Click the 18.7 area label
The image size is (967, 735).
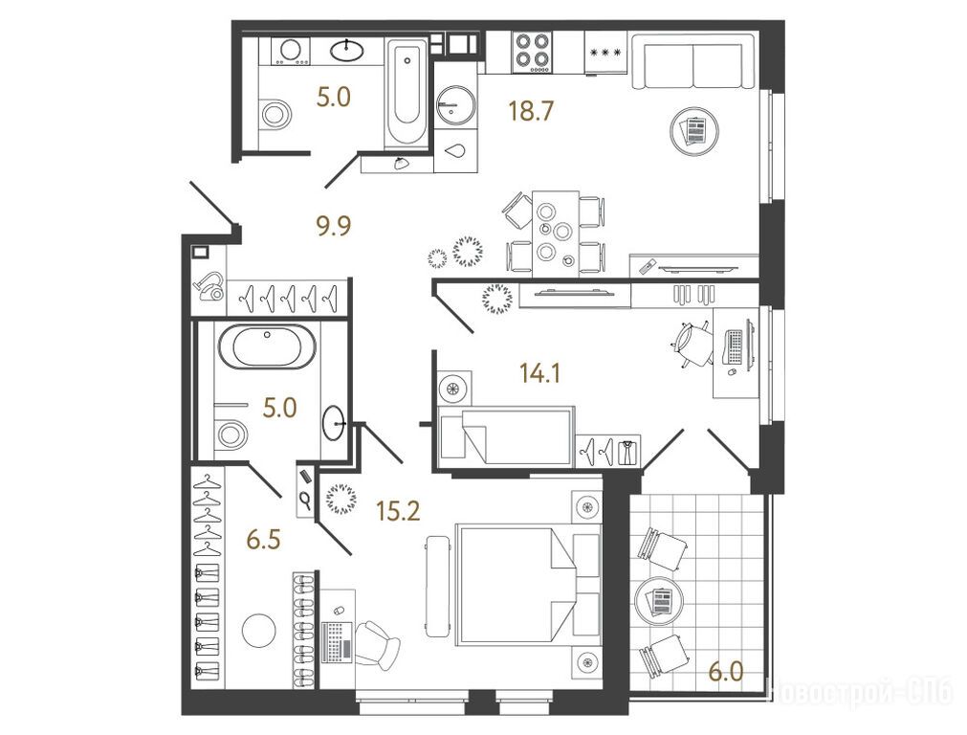pos(531,111)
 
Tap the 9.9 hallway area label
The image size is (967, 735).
pos(334,225)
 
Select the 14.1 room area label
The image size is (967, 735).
pos(539,373)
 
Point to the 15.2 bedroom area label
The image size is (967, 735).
pos(399,510)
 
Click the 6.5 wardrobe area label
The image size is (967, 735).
pos(263,540)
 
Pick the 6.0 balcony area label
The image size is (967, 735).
pos(726,672)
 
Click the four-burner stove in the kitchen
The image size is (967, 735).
pos(533,52)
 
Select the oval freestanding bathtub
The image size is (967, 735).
pos(267,345)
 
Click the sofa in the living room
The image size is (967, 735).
pos(693,61)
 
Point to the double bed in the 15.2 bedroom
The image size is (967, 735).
pos(528,585)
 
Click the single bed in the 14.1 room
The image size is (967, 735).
pos(506,435)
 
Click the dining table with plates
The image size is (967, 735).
pos(556,234)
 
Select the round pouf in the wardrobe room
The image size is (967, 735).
pos(259,631)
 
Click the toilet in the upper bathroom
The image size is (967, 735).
pos(274,114)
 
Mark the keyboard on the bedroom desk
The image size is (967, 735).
pos(337,642)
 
